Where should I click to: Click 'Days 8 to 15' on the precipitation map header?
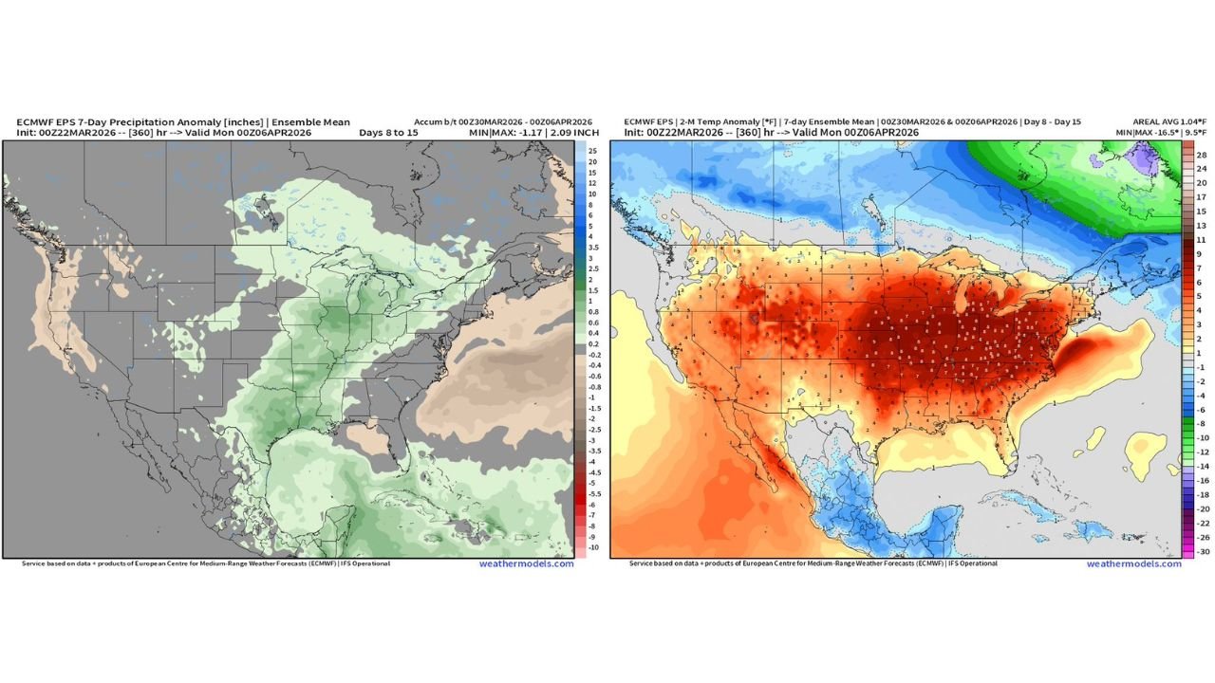pyautogui.click(x=388, y=133)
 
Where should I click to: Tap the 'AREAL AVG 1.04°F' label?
pyautogui.click(x=1169, y=122)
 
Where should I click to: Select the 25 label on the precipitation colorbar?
pyautogui.click(x=592, y=152)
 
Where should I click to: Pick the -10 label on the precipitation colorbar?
pyautogui.click(x=593, y=547)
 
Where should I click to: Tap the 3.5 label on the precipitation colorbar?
pyautogui.click(x=593, y=246)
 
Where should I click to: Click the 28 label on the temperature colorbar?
pyautogui.click(x=1201, y=154)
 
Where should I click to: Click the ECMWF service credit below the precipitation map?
pyautogui.click(x=205, y=563)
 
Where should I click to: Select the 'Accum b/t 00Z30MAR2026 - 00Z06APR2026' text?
pyautogui.click(x=503, y=122)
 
